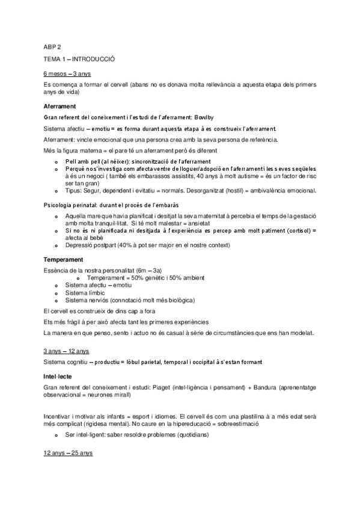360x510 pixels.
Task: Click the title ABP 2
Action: click(52, 47)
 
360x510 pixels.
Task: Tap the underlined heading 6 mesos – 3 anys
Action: click(67, 75)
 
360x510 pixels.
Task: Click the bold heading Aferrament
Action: click(59, 106)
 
